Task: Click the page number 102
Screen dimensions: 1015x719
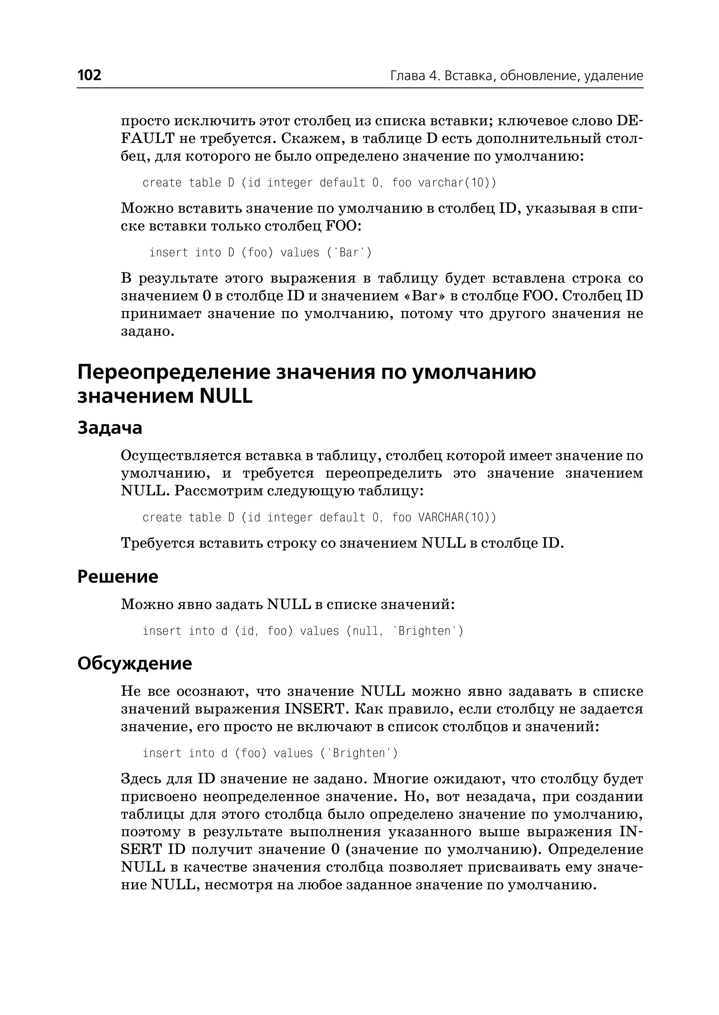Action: (90, 75)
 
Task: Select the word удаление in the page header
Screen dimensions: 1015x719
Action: (613, 76)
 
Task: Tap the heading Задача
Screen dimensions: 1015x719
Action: (110, 427)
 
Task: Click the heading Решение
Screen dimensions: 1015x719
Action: (118, 577)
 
